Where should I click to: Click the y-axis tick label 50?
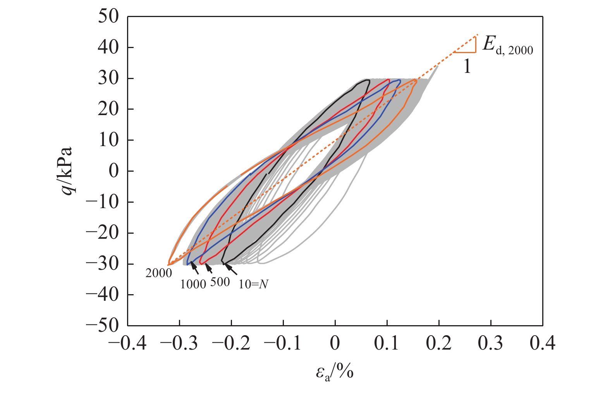pos(108,17)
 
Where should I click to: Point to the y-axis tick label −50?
pos(102,326)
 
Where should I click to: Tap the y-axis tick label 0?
pos(113,171)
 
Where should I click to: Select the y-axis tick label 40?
pos(108,47)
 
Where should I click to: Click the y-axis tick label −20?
pos(102,233)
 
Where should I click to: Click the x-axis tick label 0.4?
pos(542,343)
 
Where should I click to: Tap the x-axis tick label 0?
pos(335,343)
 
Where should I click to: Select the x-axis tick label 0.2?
pos(439,343)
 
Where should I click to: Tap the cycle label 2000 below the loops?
pos(159,273)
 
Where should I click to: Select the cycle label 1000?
pos(193,284)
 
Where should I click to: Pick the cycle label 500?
pos(220,282)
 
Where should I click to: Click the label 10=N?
pos(253,284)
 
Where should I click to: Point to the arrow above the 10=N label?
pos(231,269)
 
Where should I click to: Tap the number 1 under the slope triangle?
pos(467,67)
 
